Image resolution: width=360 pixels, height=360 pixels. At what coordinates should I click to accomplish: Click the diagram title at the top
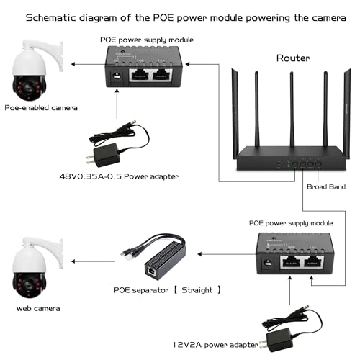point(180,17)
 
